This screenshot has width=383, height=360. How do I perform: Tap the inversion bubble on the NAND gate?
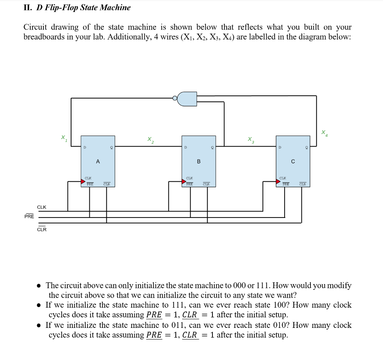(x=174, y=99)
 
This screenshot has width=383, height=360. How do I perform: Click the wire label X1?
(x=64, y=138)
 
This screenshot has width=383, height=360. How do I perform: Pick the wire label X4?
(x=324, y=132)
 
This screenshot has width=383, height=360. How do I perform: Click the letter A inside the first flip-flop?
(x=98, y=161)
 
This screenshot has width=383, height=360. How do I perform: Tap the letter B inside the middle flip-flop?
(x=199, y=161)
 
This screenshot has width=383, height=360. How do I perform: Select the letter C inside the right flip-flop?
(x=293, y=161)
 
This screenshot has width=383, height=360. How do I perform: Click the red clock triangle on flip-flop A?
(x=83, y=182)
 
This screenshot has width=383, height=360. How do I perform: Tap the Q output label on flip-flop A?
(x=111, y=148)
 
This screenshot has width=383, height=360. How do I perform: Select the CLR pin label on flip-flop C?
(x=303, y=184)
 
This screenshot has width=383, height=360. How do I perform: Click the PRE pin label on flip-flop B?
(x=190, y=184)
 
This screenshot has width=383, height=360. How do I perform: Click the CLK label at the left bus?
(x=42, y=207)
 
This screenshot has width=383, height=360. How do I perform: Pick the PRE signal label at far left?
(x=29, y=216)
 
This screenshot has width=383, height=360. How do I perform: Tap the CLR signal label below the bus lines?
(x=42, y=229)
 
